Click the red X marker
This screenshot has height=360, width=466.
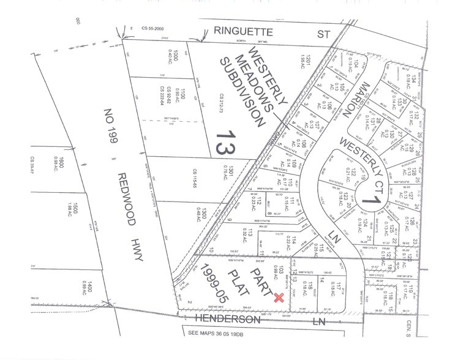(279, 298)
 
